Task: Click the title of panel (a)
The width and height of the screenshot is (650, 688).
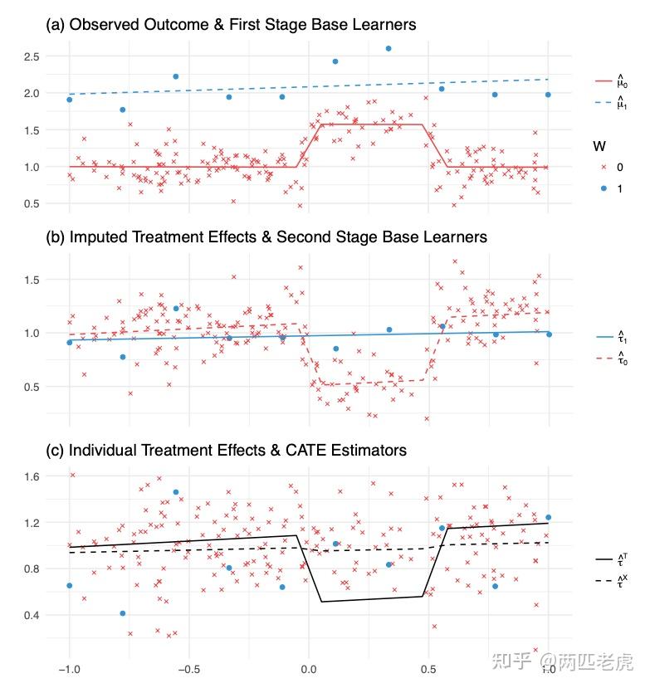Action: point(230,26)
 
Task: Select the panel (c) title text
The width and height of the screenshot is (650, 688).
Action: point(226,450)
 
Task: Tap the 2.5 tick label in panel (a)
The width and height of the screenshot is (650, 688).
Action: point(33,56)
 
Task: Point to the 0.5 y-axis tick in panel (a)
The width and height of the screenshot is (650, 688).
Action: point(33,203)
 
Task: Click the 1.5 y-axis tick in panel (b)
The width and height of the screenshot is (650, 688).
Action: point(33,280)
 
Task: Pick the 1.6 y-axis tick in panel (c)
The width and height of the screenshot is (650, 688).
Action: point(33,476)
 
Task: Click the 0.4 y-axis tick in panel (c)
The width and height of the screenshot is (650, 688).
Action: point(33,615)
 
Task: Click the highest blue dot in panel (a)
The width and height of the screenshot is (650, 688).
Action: point(389,48)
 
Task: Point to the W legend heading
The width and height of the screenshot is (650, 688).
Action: point(599,146)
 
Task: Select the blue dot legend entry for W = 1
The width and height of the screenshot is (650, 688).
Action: point(606,189)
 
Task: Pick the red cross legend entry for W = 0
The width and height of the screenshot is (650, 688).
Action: point(606,168)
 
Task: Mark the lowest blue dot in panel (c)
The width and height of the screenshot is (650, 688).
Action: point(123,613)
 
